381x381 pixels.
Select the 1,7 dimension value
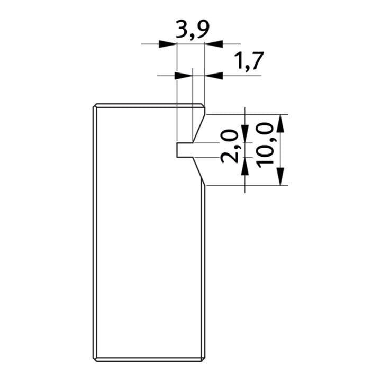(x=249, y=61)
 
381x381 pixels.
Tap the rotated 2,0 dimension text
(x=229, y=146)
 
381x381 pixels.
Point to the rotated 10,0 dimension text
(x=265, y=146)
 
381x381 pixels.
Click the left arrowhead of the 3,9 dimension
(x=168, y=44)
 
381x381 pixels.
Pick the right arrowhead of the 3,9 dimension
(x=214, y=44)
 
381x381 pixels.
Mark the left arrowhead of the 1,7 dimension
(x=184, y=76)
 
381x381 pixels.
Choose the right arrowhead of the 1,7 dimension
(x=214, y=76)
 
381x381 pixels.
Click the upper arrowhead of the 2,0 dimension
(x=245, y=134)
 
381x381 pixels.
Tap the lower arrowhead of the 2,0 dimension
(x=245, y=166)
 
